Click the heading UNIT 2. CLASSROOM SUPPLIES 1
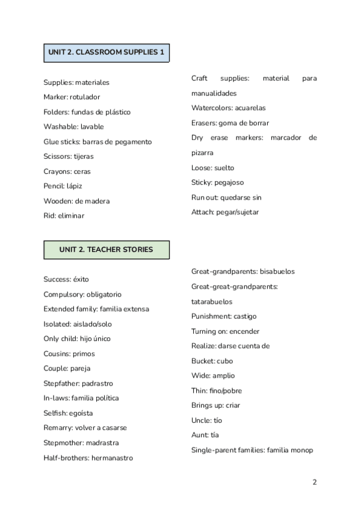click(x=106, y=53)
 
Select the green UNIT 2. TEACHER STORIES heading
click(x=106, y=249)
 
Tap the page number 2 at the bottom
click(x=315, y=482)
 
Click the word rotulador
click(x=85, y=97)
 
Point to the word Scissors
click(x=57, y=156)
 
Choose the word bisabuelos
click(x=277, y=272)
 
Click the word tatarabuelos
click(x=212, y=302)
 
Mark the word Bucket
click(x=203, y=361)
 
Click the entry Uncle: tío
click(x=207, y=420)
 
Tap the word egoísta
click(x=79, y=413)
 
